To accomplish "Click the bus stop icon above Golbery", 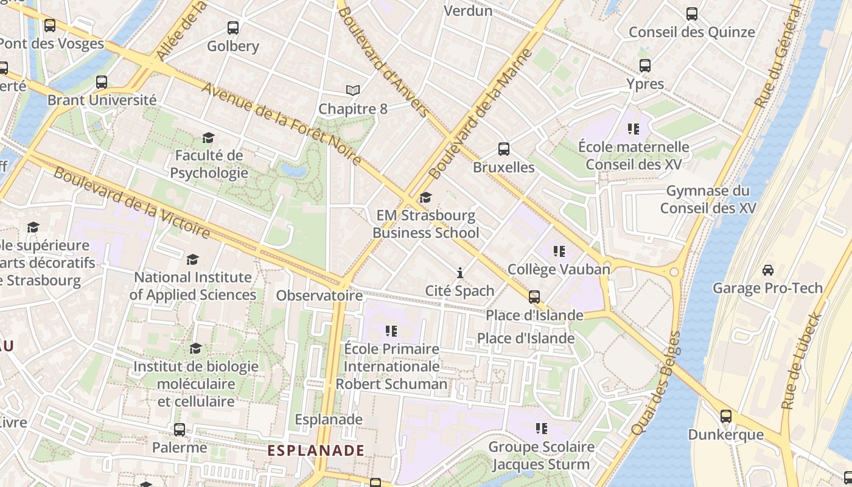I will pos(233,27).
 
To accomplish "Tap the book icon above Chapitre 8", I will pos(353,91).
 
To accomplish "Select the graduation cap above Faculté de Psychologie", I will pos(209,138).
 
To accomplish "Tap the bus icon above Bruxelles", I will pos(504,149).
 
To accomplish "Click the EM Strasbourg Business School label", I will pos(425,224).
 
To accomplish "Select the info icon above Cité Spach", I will pos(460,272).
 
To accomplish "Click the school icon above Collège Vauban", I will pos(559,251).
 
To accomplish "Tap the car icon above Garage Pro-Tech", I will pos(768,270).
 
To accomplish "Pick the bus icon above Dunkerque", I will pos(726,416).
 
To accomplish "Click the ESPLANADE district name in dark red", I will pos(316,450).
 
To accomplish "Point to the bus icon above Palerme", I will pos(180,429).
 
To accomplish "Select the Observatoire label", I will pos(319,296).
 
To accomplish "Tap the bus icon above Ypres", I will pos(645,65).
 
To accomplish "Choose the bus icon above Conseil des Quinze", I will pos(692,13).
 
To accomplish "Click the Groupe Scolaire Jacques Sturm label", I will pos(541,455).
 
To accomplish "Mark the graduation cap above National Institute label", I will pos(193,259).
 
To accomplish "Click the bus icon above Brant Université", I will pos(102,82).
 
